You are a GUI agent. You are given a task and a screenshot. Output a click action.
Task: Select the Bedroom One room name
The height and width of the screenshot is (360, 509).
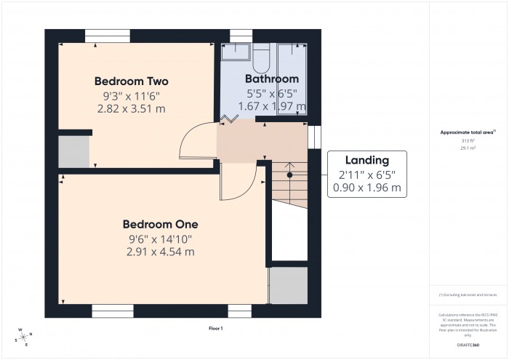(160, 224)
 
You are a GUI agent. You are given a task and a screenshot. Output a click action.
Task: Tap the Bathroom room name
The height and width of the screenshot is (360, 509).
(271, 79)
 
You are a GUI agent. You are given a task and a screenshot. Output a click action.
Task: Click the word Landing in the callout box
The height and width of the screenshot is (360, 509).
(366, 160)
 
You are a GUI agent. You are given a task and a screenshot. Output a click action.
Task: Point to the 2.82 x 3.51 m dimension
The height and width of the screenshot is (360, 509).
(131, 108)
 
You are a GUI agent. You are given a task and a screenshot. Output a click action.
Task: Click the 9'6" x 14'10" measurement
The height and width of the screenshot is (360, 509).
(160, 239)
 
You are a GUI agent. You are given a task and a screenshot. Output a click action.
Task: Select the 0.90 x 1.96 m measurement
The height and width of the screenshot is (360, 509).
(366, 187)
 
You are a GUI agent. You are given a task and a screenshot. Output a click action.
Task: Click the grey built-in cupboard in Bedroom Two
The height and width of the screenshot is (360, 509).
(73, 151)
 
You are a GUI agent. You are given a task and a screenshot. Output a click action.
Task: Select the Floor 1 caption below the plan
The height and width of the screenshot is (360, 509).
(215, 329)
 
